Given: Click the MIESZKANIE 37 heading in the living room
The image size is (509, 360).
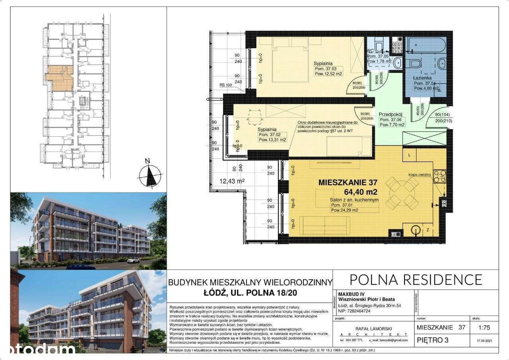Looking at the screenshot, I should [x=348, y=183].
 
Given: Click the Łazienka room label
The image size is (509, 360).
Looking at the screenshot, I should [x=422, y=78].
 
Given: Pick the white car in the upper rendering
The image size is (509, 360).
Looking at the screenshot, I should [x=133, y=260].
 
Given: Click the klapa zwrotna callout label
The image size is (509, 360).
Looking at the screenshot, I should [x=419, y=174].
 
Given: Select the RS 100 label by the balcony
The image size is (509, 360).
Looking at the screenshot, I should [x=225, y=85].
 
